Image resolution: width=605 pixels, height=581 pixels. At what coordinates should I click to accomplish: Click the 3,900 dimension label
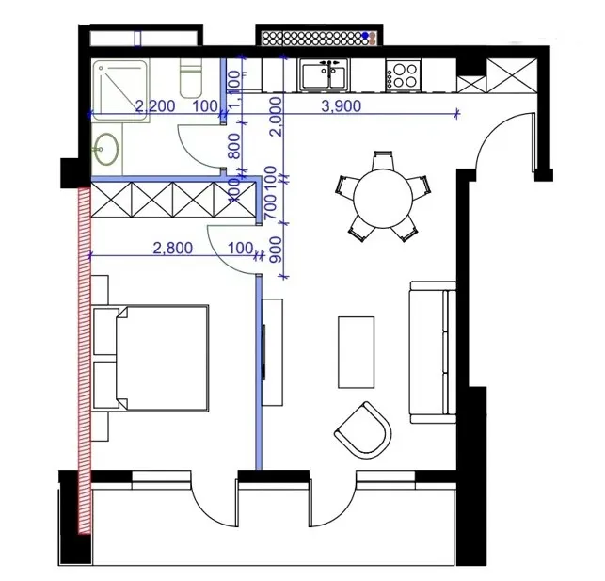point(341,106)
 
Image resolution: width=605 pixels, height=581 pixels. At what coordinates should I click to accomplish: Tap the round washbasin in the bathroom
point(106,149)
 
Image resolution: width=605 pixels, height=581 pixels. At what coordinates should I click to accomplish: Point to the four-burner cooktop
point(405,74)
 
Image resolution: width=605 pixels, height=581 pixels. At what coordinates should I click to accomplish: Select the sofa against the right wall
point(433,350)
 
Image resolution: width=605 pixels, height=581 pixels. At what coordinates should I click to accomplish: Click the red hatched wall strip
point(84,358)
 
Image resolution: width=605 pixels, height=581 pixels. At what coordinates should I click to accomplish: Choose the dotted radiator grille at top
point(318,38)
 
